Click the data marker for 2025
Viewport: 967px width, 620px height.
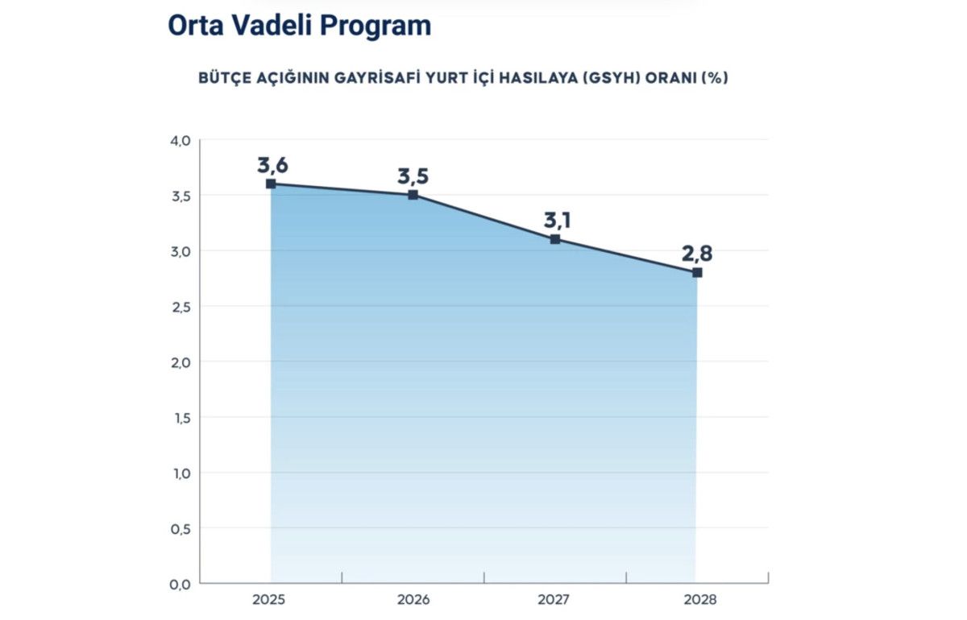(271, 184)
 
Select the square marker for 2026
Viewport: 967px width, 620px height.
(413, 195)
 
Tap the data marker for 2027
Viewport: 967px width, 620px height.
(555, 239)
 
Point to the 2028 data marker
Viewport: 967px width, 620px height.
(697, 273)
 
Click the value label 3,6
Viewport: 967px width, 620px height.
(272, 166)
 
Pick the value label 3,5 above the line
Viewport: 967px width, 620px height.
(413, 176)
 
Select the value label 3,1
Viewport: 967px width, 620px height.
(555, 221)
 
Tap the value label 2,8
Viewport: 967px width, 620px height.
(697, 254)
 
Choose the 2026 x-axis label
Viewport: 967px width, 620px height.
(413, 601)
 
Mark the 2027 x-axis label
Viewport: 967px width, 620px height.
(554, 601)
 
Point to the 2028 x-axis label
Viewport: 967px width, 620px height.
(697, 601)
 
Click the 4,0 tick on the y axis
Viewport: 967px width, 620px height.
(180, 141)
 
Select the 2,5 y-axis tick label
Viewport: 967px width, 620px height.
(180, 307)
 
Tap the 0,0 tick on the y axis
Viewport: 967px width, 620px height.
(180, 584)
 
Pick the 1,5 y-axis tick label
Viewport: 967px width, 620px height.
(180, 418)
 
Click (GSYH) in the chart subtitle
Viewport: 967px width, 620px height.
(613, 79)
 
